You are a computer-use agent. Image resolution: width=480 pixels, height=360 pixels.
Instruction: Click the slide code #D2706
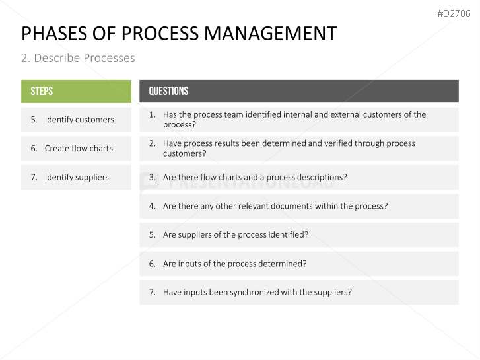(454, 13)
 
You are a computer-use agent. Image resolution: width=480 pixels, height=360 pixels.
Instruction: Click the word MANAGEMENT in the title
(270, 34)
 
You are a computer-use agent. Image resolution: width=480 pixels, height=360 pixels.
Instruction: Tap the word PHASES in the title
(54, 34)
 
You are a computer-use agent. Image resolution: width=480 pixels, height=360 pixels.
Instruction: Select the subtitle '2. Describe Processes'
(78, 58)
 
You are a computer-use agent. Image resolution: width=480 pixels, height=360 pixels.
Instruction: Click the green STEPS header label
(42, 91)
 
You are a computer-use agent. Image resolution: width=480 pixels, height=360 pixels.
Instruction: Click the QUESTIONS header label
(168, 91)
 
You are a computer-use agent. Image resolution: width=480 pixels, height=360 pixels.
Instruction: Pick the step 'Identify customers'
(79, 120)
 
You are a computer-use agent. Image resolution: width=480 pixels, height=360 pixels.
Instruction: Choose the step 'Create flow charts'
(79, 148)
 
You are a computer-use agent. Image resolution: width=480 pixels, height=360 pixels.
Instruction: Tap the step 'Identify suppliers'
(77, 177)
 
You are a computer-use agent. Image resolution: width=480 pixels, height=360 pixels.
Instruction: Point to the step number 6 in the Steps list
(34, 148)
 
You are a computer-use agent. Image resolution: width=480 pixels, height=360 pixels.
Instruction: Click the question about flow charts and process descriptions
(255, 177)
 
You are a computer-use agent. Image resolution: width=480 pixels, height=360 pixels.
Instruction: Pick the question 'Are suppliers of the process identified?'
(236, 234)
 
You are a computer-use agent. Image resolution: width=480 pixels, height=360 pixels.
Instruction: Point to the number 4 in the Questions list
(152, 206)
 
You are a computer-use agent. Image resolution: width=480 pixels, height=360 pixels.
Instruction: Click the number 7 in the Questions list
(152, 292)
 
